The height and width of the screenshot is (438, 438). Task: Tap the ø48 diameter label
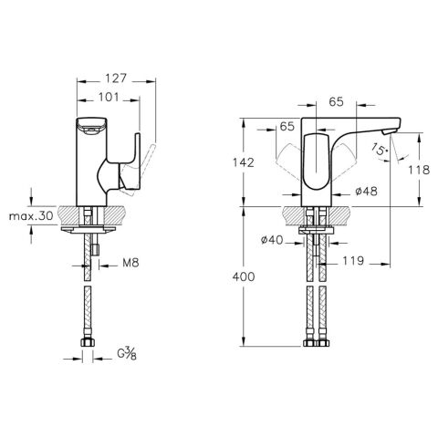[366, 191]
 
